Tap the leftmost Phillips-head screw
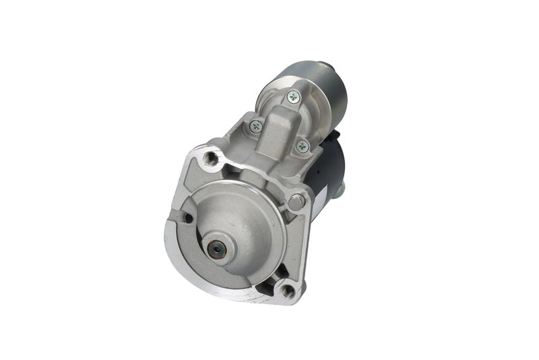pos(255,125)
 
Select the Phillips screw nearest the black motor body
pos(303,145)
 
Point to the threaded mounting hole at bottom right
pos(288,291)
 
